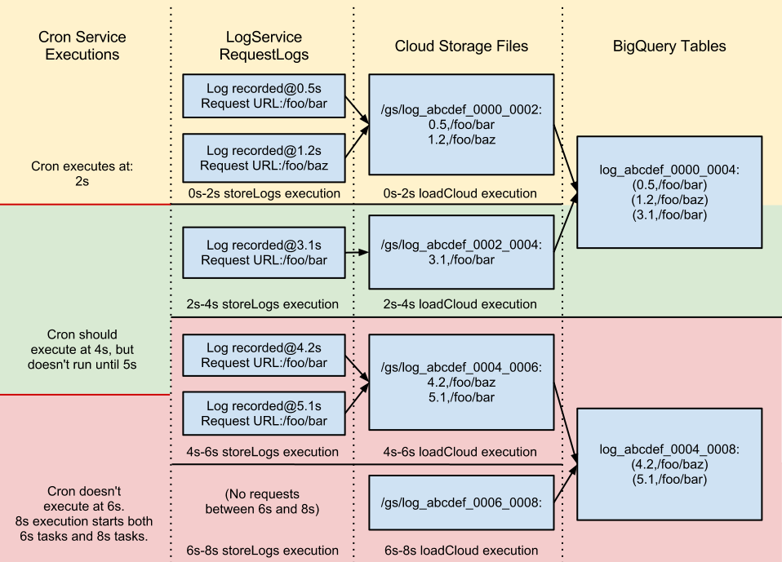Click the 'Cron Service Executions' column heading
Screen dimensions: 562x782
pyautogui.click(x=82, y=46)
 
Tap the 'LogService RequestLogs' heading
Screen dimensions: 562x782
pyautogui.click(x=264, y=46)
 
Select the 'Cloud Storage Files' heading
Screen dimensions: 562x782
pyautogui.click(x=461, y=46)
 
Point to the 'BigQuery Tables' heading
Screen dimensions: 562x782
pyautogui.click(x=669, y=46)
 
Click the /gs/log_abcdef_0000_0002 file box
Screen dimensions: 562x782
pyautogui.click(x=461, y=124)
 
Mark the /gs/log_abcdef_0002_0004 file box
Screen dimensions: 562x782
pyautogui.click(x=461, y=252)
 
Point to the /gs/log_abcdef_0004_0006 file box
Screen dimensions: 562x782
pyautogui.click(x=461, y=382)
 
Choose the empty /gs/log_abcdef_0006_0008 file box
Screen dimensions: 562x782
pyautogui.click(x=461, y=502)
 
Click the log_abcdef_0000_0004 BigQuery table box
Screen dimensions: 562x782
pyautogui.click(x=669, y=192)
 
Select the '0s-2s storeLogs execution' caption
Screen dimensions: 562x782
pyautogui.click(x=264, y=193)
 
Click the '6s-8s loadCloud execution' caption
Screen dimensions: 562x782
pyautogui.click(x=461, y=550)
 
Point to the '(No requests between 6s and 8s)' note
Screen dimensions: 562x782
pyautogui.click(x=264, y=502)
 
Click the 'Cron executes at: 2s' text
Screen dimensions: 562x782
pyautogui.click(x=82, y=174)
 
